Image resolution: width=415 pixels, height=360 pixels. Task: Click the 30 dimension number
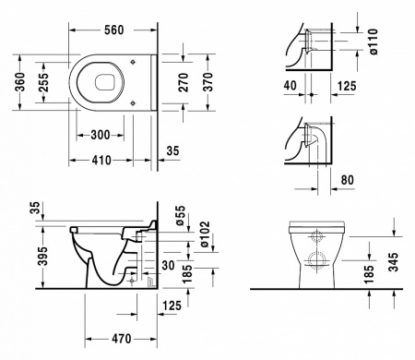click(167, 264)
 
